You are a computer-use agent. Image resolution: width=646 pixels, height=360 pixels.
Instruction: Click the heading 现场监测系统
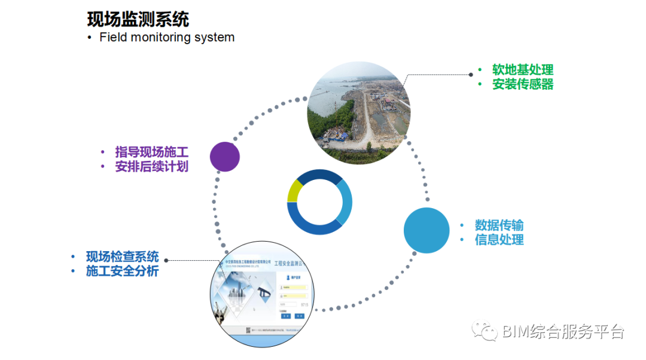point(138,19)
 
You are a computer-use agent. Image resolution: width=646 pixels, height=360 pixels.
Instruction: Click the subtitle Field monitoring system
point(167,37)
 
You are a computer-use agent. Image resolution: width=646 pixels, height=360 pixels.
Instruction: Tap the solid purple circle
point(225,157)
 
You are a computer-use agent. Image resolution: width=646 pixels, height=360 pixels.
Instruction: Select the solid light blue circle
point(426,230)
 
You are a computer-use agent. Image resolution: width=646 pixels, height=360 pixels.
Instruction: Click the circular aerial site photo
point(359,112)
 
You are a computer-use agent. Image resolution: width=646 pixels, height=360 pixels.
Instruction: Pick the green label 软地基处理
point(523,70)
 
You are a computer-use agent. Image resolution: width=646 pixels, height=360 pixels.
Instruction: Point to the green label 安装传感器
point(523,84)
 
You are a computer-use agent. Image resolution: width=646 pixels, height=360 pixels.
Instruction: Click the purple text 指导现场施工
point(152,152)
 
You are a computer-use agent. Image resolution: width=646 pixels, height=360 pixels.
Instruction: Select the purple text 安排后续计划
point(152,167)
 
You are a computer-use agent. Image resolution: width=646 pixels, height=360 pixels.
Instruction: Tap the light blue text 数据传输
point(499,225)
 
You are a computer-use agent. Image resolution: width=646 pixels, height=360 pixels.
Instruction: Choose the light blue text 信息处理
point(499,240)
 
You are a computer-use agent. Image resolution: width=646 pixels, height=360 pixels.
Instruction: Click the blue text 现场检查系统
point(123,257)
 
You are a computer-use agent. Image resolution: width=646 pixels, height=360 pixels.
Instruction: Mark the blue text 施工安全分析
point(123,271)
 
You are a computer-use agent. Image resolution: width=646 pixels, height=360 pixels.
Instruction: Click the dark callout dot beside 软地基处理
point(471,75)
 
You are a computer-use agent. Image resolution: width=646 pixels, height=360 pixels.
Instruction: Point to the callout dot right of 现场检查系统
point(166,260)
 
